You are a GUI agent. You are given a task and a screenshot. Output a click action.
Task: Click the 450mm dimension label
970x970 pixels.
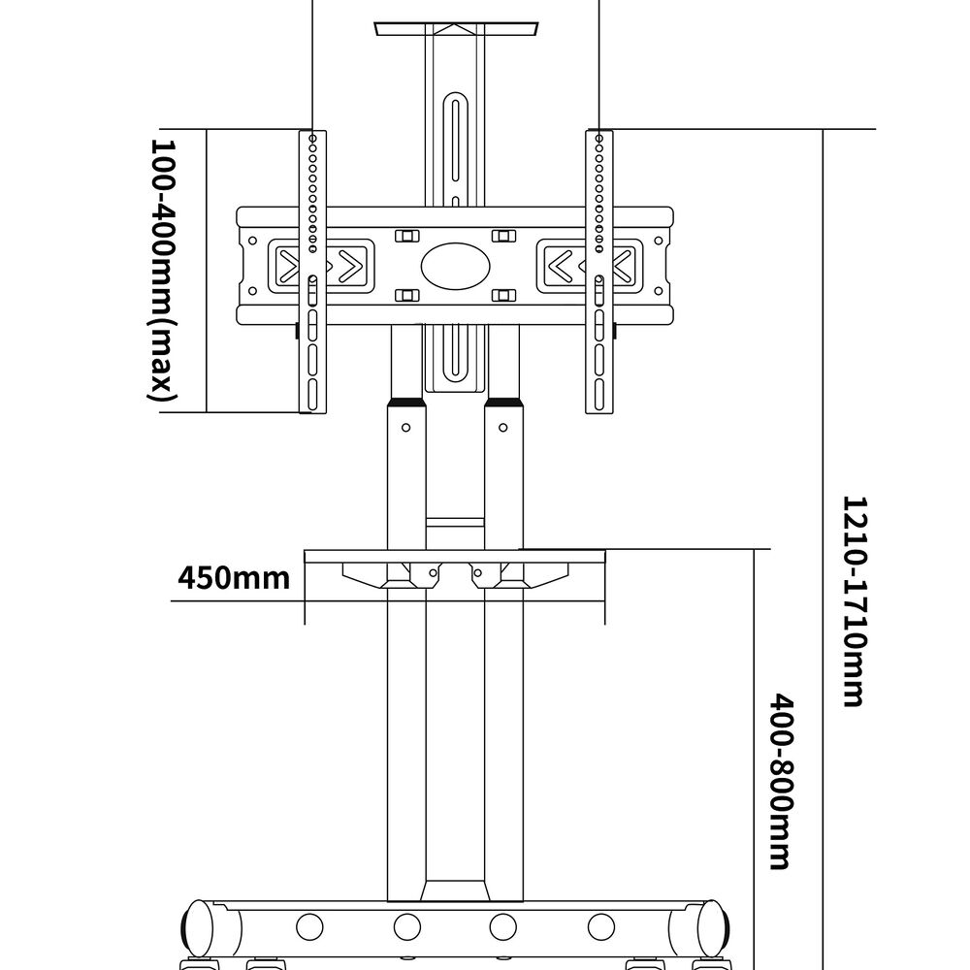click(x=234, y=578)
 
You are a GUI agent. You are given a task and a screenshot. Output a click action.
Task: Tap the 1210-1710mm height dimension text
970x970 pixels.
click(x=853, y=601)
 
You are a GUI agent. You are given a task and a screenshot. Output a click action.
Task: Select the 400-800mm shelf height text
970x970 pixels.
click(x=782, y=780)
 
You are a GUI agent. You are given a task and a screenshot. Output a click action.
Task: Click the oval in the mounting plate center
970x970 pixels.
click(x=452, y=266)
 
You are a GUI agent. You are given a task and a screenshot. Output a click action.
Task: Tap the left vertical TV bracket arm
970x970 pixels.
click(x=312, y=272)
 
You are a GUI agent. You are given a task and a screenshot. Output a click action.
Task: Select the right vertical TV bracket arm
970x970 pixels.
click(x=599, y=272)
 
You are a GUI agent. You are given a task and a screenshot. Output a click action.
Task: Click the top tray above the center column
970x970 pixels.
click(x=453, y=28)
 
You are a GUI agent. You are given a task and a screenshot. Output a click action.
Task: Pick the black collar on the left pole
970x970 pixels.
click(x=406, y=403)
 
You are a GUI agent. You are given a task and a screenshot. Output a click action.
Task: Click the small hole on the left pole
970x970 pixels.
click(x=406, y=427)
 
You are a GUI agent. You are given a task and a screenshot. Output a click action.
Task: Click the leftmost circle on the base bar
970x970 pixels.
click(x=309, y=926)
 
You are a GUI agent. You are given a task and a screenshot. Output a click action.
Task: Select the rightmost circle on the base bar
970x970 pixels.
click(x=601, y=926)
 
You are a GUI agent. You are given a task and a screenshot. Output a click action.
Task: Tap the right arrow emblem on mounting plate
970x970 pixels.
click(x=586, y=264)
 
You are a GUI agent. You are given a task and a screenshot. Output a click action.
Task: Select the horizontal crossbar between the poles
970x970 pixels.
click(x=454, y=523)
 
